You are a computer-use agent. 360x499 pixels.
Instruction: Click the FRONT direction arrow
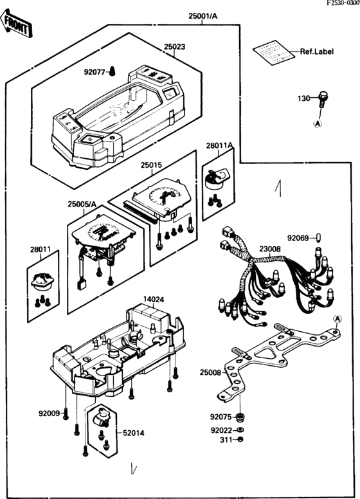pos(16,24)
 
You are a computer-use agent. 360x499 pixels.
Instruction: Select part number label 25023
pos(174,47)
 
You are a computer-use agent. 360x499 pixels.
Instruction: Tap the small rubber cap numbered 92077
pos(113,71)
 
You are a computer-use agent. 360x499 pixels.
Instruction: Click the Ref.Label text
pos(317,51)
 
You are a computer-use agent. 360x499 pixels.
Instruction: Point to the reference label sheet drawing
pos(274,52)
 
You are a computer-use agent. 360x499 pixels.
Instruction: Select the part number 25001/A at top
pos(203,16)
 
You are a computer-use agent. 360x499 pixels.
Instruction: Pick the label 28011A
pos(219,145)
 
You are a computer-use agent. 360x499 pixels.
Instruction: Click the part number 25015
pos(151,165)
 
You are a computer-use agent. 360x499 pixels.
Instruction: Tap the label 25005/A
pos(82,204)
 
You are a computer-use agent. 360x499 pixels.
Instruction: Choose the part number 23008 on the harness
pos(270,249)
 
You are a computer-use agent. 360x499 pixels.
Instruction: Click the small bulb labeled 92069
pos(319,237)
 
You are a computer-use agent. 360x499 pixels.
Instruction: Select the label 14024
pos(154,300)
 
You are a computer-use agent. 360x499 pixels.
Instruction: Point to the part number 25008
pos(210,372)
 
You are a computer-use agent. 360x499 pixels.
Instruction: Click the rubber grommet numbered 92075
pos(241,417)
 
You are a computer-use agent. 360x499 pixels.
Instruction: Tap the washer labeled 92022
pos(240,430)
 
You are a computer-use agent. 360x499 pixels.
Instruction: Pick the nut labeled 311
pos(240,439)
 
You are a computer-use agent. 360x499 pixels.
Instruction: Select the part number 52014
pos(133,433)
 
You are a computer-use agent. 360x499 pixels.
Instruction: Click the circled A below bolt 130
pos(318,124)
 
